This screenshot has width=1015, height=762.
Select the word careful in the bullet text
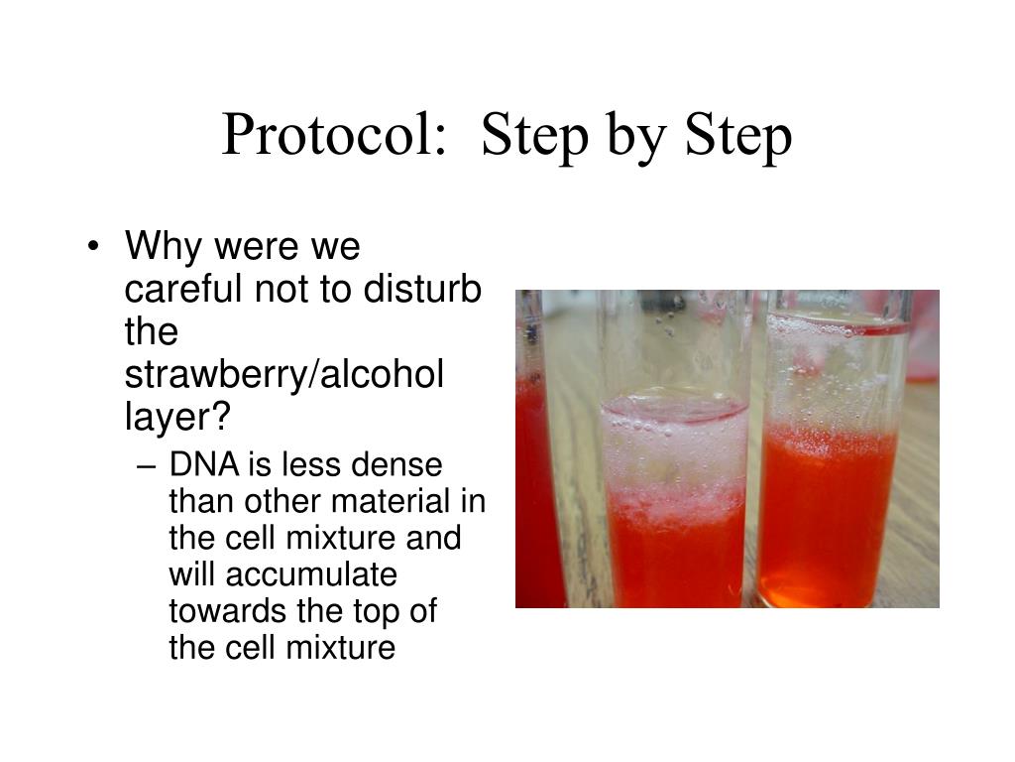tap(184, 289)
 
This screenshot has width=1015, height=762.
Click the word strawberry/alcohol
tap(283, 375)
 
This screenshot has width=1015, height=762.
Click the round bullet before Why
tap(94, 247)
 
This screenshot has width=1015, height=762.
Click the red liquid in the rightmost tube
tap(828, 526)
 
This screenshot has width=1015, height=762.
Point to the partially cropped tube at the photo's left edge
tap(535, 476)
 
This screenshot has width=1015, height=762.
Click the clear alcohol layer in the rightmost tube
tap(833, 377)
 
